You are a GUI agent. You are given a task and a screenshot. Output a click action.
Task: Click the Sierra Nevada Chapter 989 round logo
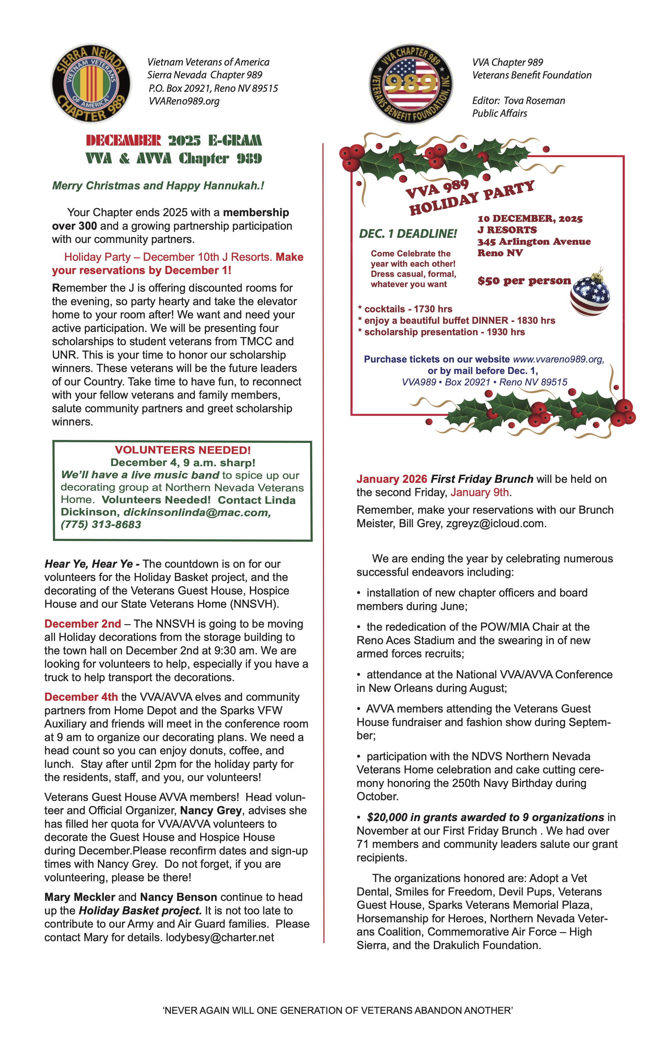(x=91, y=83)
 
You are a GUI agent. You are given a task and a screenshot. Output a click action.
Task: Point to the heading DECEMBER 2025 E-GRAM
(x=174, y=141)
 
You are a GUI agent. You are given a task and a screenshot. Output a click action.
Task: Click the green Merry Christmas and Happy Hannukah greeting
(x=158, y=186)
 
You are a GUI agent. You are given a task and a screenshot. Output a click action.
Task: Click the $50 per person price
(x=524, y=281)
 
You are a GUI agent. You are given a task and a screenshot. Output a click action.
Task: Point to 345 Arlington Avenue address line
(x=534, y=242)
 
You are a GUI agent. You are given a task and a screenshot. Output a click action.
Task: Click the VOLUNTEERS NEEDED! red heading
(x=183, y=450)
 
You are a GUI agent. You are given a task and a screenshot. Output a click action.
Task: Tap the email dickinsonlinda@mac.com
(x=197, y=513)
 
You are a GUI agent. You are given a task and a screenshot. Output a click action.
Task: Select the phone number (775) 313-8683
(x=101, y=525)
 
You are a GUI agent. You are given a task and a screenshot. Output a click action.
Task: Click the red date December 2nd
(x=82, y=624)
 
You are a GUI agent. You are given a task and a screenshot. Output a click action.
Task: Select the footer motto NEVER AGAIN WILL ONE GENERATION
(x=337, y=1010)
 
